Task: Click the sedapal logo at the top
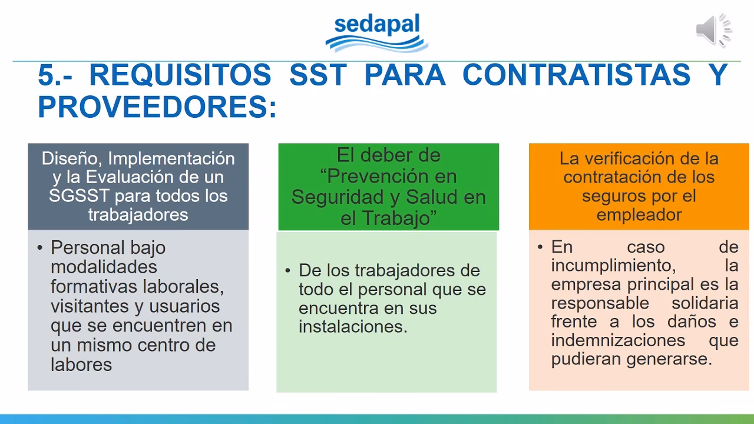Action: pyautogui.click(x=377, y=33)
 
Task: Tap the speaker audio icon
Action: pyautogui.click(x=713, y=30)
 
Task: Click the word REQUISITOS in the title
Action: pyautogui.click(x=180, y=75)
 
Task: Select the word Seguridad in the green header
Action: pyautogui.click(x=342, y=197)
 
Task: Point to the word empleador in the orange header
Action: pyautogui.click(x=639, y=214)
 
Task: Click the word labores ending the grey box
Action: pyautogui.click(x=81, y=365)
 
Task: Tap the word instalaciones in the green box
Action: pyautogui.click(x=353, y=327)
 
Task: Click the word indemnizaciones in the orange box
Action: pyautogui.click(x=618, y=340)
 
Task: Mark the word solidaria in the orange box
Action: pyautogui.click(x=705, y=303)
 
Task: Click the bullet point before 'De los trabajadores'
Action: pyautogui.click(x=288, y=271)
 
